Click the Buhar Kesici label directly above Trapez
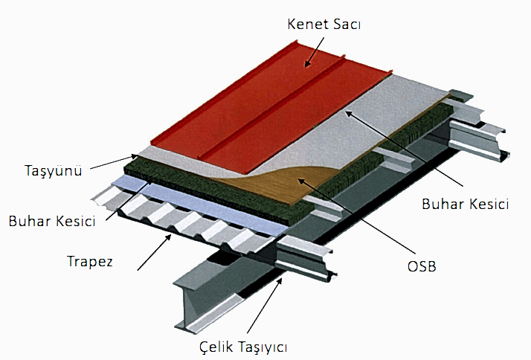tap(54, 221)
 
